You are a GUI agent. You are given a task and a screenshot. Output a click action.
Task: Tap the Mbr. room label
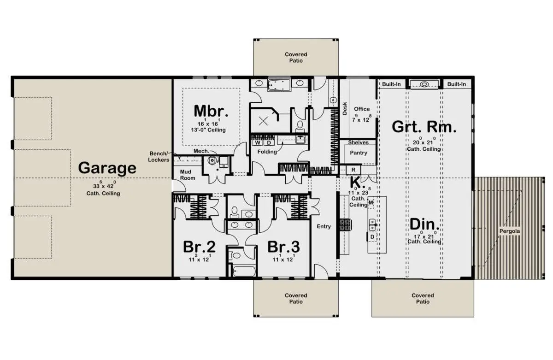[211, 112]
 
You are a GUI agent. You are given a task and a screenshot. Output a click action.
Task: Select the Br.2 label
[199, 247]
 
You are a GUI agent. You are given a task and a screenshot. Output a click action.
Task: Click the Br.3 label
[284, 247]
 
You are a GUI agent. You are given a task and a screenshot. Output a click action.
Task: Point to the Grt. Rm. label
[424, 127]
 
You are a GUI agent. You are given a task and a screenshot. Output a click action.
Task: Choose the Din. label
[424, 224]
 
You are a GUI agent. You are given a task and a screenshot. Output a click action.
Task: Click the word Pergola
[510, 231]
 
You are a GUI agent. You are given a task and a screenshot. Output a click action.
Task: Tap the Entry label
[324, 226]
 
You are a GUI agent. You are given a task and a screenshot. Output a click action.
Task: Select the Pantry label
[359, 153]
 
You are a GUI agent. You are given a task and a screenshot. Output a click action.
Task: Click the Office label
[362, 109]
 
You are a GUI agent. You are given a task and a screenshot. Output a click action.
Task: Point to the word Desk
[345, 109]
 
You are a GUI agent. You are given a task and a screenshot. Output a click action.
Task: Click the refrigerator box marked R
[353, 170]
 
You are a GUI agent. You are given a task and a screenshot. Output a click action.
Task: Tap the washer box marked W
[258, 143]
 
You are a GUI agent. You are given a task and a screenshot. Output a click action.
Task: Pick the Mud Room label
[188, 175]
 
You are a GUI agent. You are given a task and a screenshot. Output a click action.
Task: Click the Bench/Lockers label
[159, 157]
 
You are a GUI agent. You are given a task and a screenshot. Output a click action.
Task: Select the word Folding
[267, 152]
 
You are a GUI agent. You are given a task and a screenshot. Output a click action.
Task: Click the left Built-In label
[391, 84]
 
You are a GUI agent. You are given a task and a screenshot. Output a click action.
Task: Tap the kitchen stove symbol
[346, 225]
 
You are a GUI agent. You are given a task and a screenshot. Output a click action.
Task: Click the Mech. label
[201, 151]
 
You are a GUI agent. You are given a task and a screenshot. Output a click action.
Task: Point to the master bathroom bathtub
[279, 85]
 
